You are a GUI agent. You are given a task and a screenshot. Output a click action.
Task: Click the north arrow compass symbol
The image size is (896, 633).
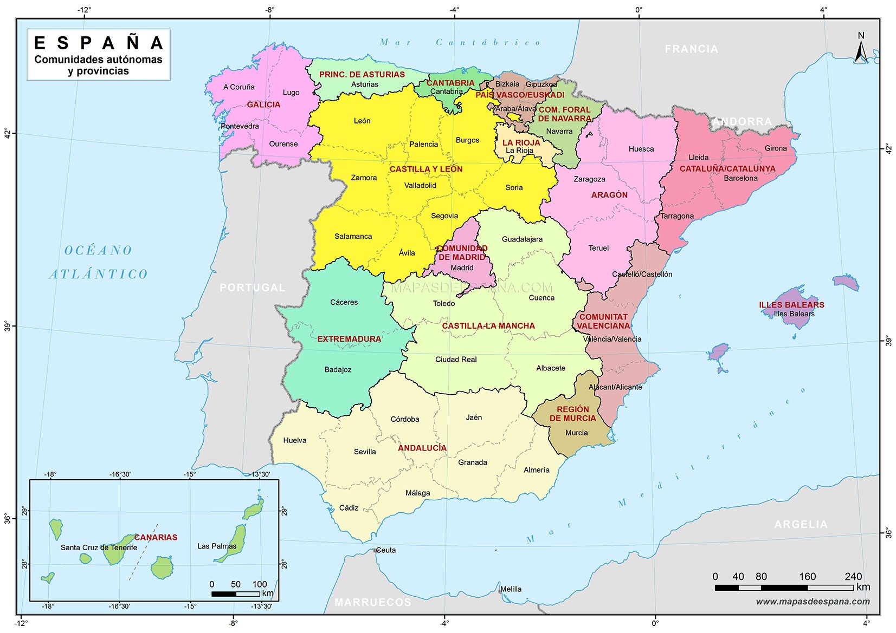tap(861, 49)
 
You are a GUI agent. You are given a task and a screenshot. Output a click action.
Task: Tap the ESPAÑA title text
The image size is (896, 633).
tap(98, 43)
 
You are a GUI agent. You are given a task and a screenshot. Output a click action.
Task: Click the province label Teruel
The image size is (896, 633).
tap(598, 248)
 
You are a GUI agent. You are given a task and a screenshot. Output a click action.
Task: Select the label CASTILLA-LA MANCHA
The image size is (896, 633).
tap(488, 325)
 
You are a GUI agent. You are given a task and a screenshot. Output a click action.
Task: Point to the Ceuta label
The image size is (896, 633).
tap(385, 550)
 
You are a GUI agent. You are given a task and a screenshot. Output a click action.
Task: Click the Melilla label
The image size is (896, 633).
tap(511, 589)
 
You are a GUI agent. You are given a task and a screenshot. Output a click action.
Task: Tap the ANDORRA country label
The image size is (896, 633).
tap(742, 122)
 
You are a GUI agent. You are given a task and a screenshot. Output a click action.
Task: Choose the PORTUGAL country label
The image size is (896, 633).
tap(252, 288)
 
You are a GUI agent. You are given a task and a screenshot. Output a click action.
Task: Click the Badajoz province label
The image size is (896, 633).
tap(338, 369)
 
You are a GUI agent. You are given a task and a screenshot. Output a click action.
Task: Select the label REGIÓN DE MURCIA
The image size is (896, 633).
tap(572, 414)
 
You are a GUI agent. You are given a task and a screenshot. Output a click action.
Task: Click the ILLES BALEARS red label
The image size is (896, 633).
tap(791, 305)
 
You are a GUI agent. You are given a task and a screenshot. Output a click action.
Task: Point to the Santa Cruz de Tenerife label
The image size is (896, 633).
tap(99, 547)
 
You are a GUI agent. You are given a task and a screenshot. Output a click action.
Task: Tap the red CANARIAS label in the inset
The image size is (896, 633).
tap(156, 537)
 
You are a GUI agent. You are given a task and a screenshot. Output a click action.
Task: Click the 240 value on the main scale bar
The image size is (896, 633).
tap(853, 577)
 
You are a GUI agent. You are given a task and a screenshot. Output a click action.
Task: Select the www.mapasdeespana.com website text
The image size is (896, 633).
tap(813, 602)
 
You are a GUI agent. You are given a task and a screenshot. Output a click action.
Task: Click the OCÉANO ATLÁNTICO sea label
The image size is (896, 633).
tap(99, 262)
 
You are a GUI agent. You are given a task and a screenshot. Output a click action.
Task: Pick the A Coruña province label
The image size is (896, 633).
tap(238, 87)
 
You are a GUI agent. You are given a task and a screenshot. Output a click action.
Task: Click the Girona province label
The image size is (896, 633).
tap(775, 148)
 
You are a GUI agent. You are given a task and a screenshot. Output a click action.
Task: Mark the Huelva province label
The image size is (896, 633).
tap(294, 440)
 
